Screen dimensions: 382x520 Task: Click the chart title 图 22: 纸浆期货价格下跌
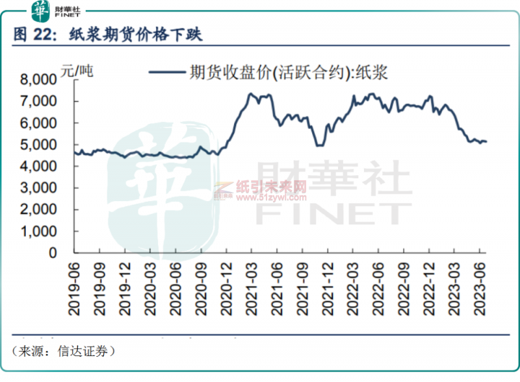coord(108,35)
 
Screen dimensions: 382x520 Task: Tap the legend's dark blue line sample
coord(166,73)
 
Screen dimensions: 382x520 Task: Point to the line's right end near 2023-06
coord(486,141)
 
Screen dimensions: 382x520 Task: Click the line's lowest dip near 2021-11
coord(319,145)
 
